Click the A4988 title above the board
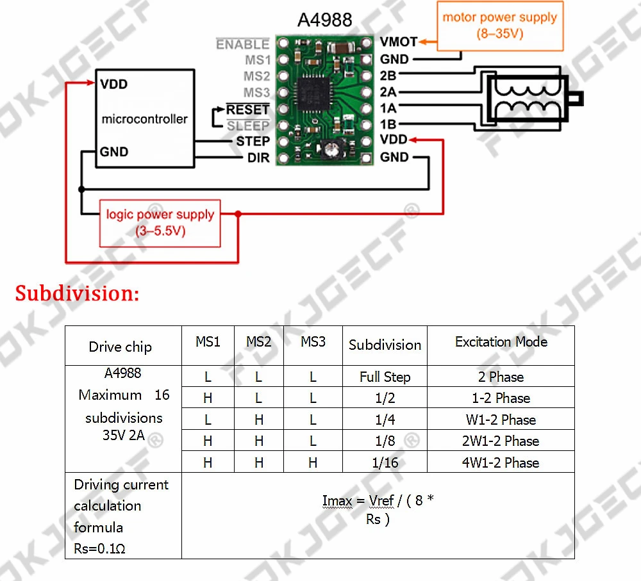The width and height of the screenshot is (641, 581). (324, 19)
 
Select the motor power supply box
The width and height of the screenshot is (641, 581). (500, 26)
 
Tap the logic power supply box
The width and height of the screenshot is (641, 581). (160, 223)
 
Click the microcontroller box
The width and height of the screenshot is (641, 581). (145, 119)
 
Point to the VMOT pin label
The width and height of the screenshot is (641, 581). (398, 42)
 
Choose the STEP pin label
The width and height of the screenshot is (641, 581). (253, 141)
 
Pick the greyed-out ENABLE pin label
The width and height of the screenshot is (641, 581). (242, 44)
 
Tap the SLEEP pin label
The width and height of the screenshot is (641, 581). (247, 126)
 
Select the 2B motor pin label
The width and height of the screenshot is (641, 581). (388, 76)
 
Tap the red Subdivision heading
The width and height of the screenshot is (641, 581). (77, 294)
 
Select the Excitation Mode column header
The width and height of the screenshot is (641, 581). (501, 342)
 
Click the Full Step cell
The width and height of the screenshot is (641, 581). (385, 377)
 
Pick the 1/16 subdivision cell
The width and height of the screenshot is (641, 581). (385, 462)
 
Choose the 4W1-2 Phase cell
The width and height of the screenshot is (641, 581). (501, 462)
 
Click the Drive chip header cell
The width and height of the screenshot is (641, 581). (121, 347)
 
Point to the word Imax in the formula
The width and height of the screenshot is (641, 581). (337, 501)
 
